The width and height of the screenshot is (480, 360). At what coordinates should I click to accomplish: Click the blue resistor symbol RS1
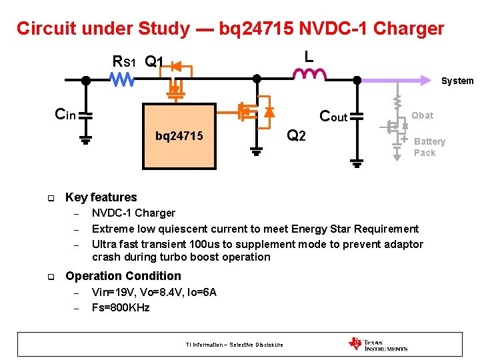pos(122,80)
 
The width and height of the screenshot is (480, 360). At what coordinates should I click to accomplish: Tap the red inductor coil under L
pos(309,74)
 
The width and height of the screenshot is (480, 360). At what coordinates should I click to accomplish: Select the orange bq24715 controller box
pos(180,136)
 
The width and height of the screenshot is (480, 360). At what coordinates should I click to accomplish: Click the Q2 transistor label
pos(295,136)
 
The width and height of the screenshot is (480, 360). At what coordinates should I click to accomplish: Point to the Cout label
pos(333,116)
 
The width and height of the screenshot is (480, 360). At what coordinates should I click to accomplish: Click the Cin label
pos(65,115)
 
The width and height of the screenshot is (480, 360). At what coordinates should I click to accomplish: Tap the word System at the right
pos(457,81)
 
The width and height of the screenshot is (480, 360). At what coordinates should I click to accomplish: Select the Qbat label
pos(422,115)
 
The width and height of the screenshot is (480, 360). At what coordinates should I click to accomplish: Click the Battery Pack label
pos(429,147)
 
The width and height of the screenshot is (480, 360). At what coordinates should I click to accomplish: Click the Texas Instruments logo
pos(377,344)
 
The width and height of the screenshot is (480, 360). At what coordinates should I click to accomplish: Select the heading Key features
pos(101,197)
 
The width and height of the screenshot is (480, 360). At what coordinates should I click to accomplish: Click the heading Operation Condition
pos(123,276)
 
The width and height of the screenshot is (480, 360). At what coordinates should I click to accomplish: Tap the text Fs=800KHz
pos(121,307)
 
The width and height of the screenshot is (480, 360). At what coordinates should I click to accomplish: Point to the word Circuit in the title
pos(45,29)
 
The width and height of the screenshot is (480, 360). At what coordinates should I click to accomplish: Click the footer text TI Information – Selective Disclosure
pos(234,345)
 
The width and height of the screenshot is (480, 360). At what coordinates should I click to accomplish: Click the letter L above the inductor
pos(309,57)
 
